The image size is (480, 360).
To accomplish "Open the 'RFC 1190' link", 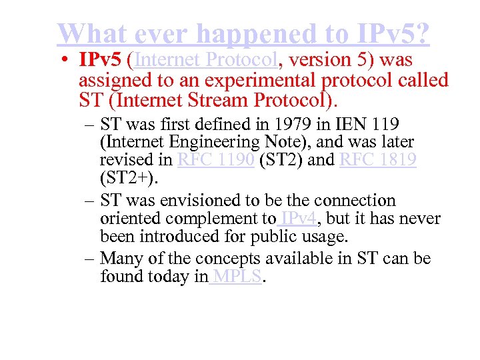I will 216,160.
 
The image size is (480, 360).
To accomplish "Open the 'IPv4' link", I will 298,219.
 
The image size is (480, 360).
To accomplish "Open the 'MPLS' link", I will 239,277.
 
